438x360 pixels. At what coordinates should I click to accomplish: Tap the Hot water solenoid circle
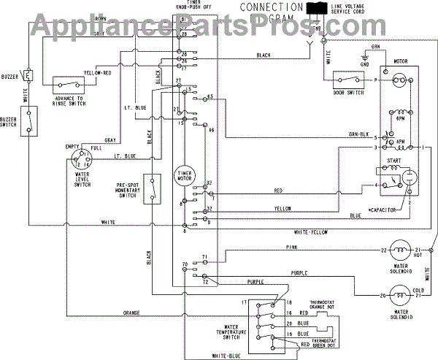(399, 250)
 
